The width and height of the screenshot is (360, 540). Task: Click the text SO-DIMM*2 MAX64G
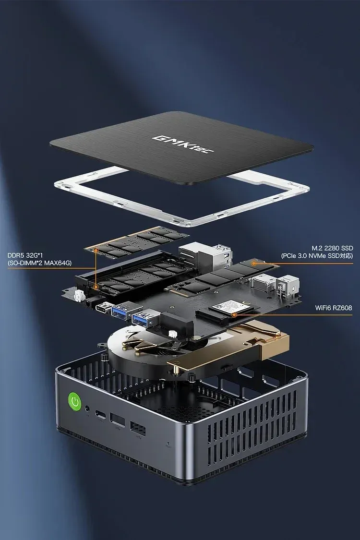39,263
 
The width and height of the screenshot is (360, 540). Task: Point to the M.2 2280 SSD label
332,248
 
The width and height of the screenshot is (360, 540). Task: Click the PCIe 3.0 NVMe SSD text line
317,256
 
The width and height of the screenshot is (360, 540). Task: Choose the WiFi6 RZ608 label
334,308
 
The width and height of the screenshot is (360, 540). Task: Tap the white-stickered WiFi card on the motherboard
229,307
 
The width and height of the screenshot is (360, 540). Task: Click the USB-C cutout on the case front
102,415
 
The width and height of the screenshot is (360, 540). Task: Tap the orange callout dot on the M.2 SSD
253,263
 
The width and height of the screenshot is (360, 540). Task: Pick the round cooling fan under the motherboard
137,348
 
